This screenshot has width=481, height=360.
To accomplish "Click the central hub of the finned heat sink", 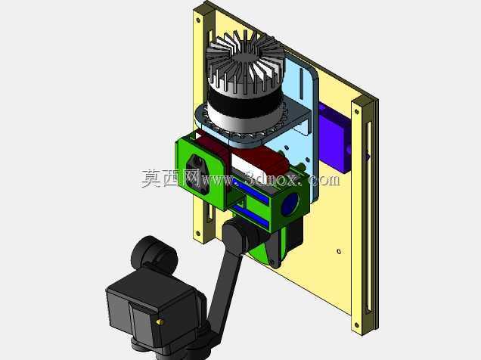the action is [245, 55].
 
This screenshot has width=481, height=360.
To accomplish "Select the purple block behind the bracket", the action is [334, 138].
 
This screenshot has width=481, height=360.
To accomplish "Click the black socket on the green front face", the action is [197, 169].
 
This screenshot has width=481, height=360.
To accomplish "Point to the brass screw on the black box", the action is [160, 322].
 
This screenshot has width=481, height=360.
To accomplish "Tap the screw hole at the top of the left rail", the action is [198, 20].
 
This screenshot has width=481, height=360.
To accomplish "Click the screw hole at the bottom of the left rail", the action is [198, 234].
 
